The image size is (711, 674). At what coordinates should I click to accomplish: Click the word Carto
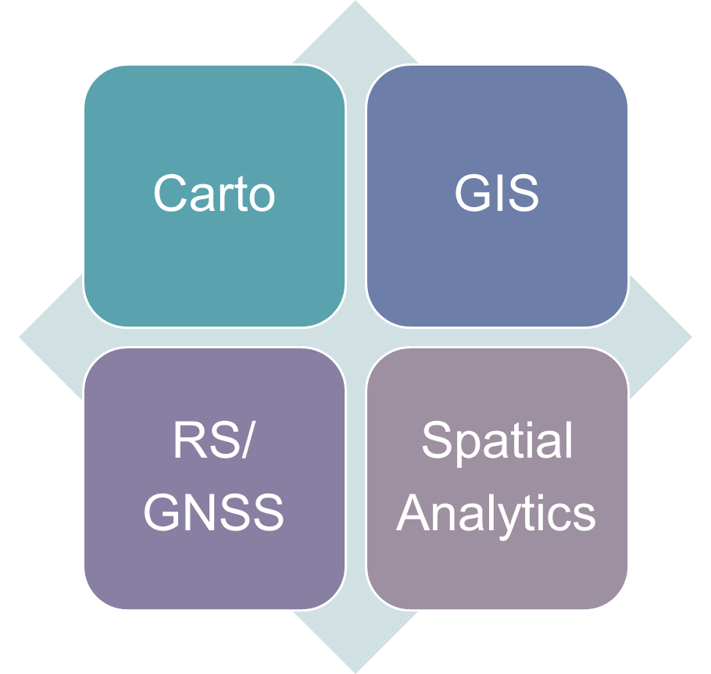coord(214,193)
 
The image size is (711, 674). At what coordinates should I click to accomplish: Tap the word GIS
coord(497,193)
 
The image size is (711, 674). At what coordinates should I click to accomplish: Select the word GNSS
coord(214,513)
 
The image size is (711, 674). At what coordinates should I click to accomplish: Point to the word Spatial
coord(497,442)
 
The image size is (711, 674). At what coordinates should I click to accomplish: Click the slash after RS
coord(248,442)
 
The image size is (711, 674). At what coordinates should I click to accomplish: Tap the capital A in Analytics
coord(413,513)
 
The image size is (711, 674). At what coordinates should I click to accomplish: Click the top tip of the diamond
coord(355,5)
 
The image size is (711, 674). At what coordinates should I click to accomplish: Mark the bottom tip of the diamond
coord(355,669)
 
